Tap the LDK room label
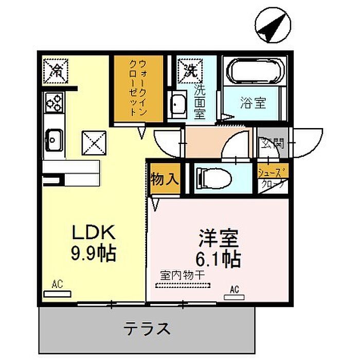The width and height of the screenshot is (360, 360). coord(94,232)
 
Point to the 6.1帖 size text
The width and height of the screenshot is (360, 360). coord(218,259)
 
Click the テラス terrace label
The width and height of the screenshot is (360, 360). coord(147,328)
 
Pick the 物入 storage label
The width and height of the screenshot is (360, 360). coord(165,179)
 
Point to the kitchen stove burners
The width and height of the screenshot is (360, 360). coord(54,102)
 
